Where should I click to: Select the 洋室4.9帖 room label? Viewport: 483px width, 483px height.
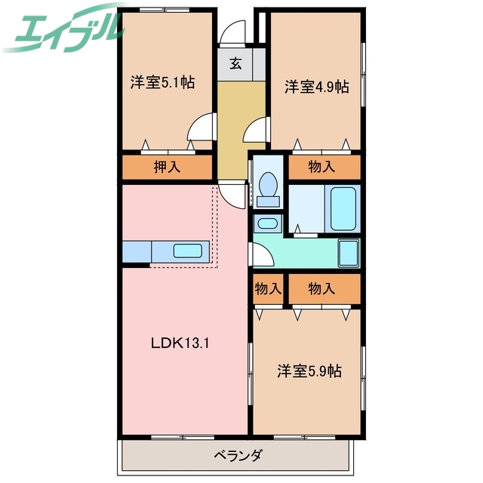(x=317, y=87)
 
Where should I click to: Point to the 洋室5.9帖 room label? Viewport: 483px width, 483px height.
(x=309, y=371)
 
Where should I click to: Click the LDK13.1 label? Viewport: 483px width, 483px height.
(x=180, y=343)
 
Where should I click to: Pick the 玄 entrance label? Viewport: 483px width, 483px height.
(x=236, y=64)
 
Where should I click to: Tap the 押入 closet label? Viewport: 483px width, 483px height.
(x=167, y=168)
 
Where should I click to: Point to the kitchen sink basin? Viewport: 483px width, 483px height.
(x=186, y=251)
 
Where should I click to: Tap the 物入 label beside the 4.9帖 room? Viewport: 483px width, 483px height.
(x=321, y=167)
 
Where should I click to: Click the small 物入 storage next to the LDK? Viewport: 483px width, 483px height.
(x=267, y=288)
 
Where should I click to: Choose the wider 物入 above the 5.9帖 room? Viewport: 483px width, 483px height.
(x=321, y=288)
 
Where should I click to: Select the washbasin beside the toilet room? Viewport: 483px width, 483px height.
(x=266, y=223)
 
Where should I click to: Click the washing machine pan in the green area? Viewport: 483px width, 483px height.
(x=348, y=253)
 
